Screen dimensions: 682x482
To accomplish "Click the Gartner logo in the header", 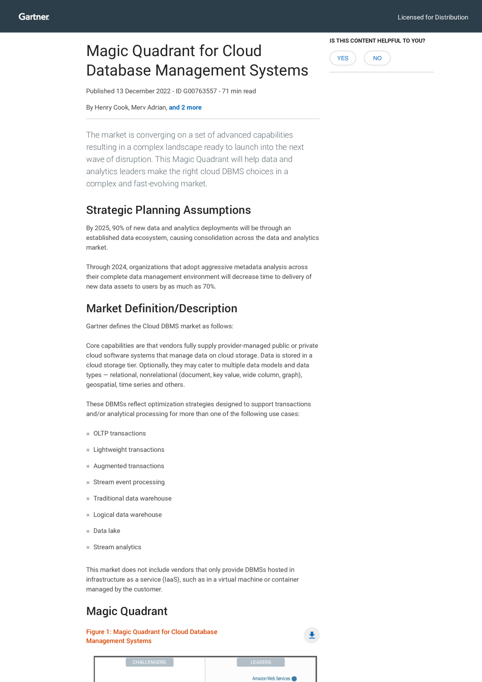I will coord(34,17).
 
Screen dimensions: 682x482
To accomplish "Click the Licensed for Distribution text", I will coord(433,17).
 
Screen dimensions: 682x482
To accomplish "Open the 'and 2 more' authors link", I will coord(185,108).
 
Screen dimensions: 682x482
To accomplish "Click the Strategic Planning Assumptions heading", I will coord(168,210).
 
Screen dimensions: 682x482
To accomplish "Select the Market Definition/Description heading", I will coord(161,309).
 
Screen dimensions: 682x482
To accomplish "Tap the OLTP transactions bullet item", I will coord(119,434).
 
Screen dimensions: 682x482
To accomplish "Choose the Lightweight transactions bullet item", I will coord(129,450).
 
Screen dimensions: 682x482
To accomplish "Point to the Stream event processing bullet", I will coord(129,482).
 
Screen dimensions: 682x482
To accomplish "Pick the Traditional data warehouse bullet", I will coord(132,499).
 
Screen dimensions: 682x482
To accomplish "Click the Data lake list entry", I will coord(107,531).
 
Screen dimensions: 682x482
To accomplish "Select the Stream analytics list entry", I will coord(117,547).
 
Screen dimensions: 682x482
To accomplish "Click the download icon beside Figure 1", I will coord(312,635).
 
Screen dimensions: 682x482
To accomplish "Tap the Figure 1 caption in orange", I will coord(151,636).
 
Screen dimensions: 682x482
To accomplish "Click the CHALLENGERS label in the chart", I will coord(149,662).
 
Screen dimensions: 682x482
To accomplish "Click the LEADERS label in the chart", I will coord(260,662).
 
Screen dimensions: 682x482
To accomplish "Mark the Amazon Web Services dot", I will coord(294,679).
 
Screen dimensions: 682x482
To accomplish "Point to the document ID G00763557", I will coord(200,91).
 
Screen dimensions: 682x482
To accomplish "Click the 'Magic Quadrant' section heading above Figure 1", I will coord(127,611).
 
